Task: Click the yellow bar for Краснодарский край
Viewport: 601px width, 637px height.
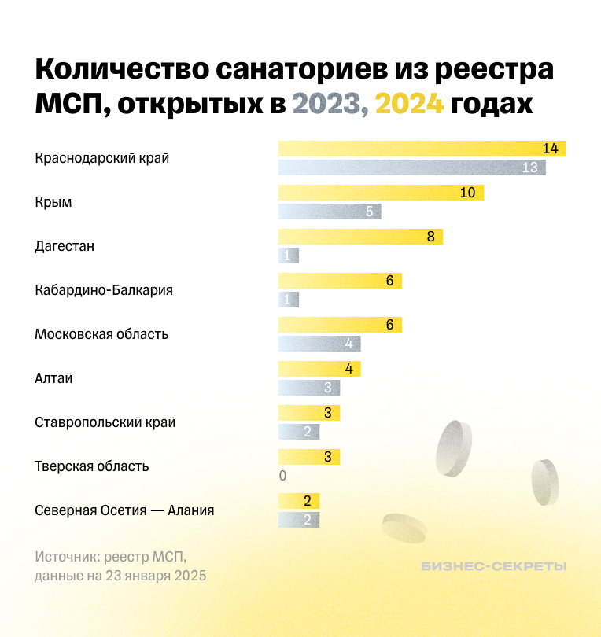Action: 422,149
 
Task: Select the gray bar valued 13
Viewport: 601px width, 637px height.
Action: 411,168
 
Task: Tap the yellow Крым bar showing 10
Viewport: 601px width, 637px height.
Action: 381,193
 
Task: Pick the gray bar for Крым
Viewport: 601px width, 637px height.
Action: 330,212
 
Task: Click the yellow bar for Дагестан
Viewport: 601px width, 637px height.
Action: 360,237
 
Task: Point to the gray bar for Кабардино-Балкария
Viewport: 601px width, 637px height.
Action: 289,300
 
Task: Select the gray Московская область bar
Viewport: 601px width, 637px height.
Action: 319,344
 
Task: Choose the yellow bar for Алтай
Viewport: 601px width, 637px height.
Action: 319,369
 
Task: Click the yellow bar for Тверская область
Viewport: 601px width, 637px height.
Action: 309,457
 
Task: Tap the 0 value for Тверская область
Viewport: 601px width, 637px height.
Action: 282,476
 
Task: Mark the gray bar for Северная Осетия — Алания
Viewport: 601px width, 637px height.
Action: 299,520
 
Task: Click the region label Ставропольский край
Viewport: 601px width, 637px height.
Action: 105,422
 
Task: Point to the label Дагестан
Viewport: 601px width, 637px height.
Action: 65,246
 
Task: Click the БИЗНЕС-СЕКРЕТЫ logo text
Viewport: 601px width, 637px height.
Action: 493,566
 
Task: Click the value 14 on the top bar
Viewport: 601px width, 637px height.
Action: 550,149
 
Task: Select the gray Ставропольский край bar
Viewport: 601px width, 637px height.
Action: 299,432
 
